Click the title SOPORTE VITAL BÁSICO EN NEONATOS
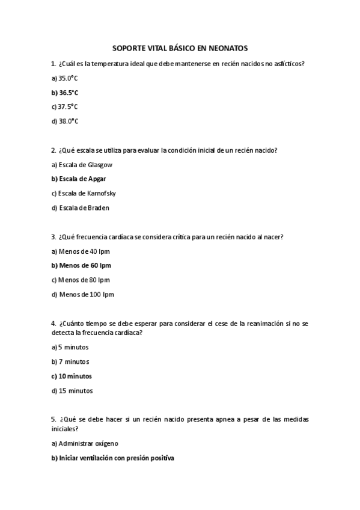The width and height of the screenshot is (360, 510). pos(180,48)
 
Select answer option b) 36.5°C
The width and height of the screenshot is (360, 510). pos(65,93)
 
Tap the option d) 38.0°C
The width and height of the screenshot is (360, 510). pos(65,121)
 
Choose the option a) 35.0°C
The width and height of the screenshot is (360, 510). pos(65,78)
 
